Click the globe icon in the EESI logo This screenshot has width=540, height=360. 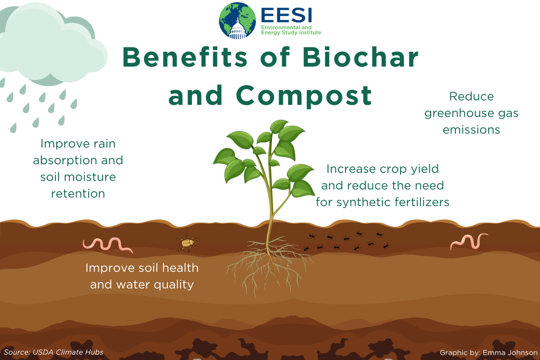click(x=238, y=21)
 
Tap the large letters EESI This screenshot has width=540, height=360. click(x=287, y=15)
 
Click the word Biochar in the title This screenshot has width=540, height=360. click(x=360, y=57)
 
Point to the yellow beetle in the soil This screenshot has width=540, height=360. click(x=187, y=243)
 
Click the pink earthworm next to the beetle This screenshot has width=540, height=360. click(x=108, y=245)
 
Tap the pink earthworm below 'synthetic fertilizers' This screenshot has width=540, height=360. click(x=469, y=241)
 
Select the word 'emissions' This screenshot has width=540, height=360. click(x=471, y=130)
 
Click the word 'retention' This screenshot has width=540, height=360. click(x=78, y=193)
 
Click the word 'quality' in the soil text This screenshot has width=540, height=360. click(x=174, y=285)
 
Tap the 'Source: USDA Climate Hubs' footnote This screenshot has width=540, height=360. click(x=54, y=352)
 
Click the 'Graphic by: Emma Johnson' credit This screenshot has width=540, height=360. click(x=489, y=353)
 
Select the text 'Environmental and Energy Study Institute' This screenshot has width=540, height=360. click(x=291, y=30)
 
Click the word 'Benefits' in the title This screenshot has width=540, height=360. click(x=185, y=57)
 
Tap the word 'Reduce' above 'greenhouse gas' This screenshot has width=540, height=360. click(x=472, y=96)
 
